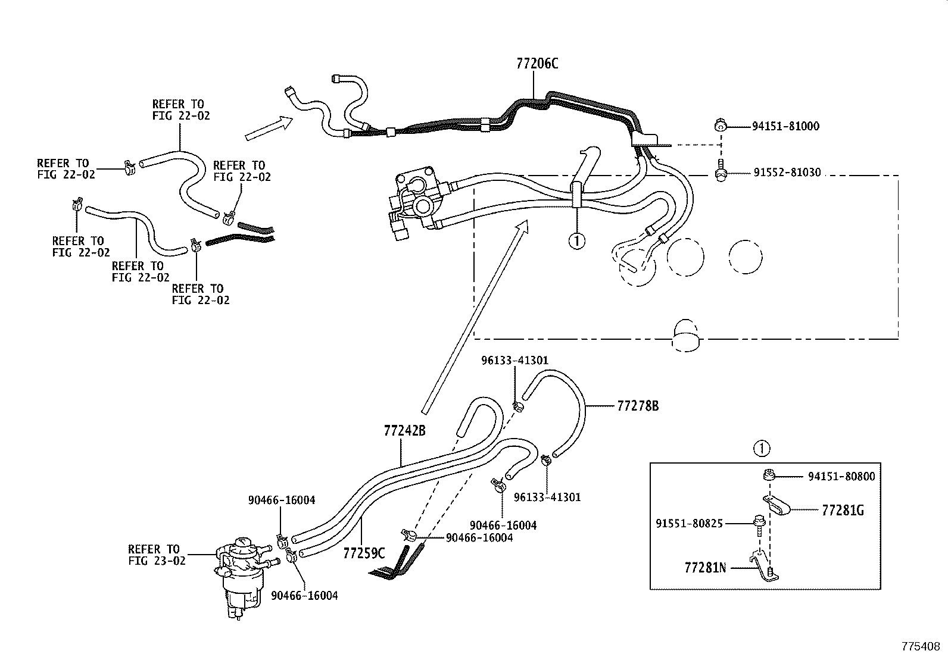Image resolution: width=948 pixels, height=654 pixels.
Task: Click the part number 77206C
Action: click(537, 64)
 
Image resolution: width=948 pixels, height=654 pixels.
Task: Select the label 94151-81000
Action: click(785, 126)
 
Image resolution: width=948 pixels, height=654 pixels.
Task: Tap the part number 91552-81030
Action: click(787, 173)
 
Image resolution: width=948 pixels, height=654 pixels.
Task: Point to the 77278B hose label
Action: click(638, 406)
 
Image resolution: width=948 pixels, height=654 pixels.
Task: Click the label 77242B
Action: click(404, 431)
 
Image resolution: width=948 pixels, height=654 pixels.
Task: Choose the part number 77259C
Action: click(364, 553)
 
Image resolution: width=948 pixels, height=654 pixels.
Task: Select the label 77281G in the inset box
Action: click(843, 510)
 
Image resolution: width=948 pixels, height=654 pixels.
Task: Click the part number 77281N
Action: click(705, 568)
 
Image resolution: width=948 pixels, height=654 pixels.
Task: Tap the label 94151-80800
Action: click(841, 476)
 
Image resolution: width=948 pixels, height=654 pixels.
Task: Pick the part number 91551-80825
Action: click(689, 523)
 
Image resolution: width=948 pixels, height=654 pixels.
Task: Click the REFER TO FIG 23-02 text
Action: click(157, 555)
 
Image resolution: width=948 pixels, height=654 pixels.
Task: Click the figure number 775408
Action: click(921, 646)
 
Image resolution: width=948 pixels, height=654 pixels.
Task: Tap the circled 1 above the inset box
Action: click(762, 448)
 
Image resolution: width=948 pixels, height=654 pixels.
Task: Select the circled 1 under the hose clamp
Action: click(576, 241)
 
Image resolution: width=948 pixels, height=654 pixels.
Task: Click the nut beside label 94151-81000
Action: click(719, 126)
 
